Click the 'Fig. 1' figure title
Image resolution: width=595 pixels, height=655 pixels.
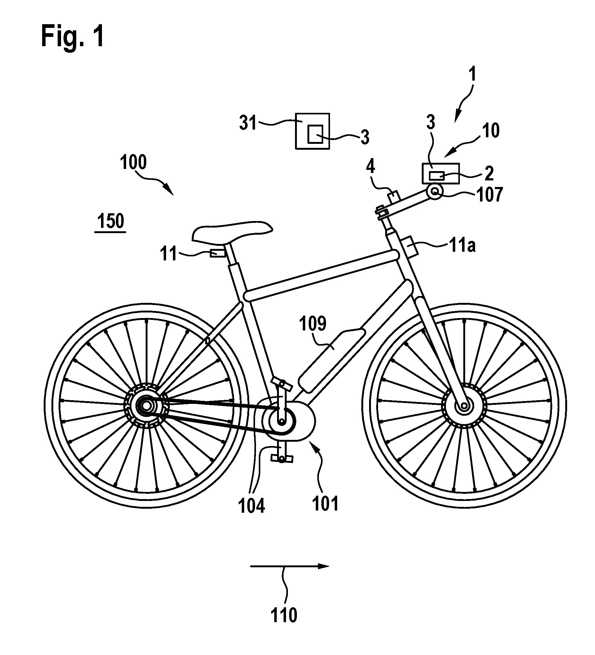pyautogui.click(x=73, y=37)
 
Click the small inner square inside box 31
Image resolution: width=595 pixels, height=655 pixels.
pyautogui.click(x=315, y=134)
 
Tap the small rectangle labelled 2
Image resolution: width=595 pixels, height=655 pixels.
pyautogui.click(x=437, y=176)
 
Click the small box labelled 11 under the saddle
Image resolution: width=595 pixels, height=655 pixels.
pyautogui.click(x=218, y=253)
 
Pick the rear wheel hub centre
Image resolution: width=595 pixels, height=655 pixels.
pyautogui.click(x=147, y=406)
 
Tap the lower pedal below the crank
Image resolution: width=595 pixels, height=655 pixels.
pyautogui.click(x=281, y=458)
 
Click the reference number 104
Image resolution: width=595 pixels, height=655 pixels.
pyautogui.click(x=251, y=506)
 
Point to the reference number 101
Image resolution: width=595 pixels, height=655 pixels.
pyautogui.click(x=325, y=504)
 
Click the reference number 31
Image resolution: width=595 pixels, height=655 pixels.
pyautogui.click(x=248, y=123)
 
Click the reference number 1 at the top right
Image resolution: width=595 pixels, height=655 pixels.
pyautogui.click(x=473, y=74)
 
